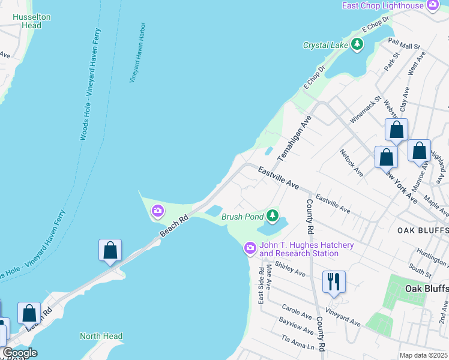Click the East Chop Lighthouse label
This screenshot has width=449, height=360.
(383, 5)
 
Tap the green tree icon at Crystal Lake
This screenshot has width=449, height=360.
(357, 44)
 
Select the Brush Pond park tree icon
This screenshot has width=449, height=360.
(273, 215)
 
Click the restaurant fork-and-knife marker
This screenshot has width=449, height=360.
(334, 281)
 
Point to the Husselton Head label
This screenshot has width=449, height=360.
(31, 22)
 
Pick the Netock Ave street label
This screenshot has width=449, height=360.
(351, 163)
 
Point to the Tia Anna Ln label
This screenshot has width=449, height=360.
(294, 343)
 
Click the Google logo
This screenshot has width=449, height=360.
(20, 353)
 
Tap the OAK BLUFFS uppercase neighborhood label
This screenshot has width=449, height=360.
(423, 230)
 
